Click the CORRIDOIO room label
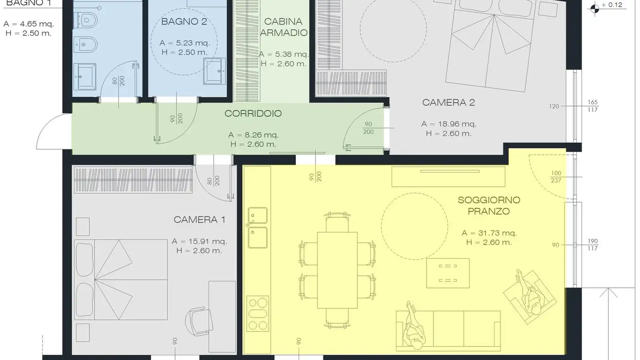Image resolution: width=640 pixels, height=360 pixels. pos(253,113)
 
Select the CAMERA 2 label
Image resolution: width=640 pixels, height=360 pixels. pos(448,103)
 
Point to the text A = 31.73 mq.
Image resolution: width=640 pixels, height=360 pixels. pos(489,233)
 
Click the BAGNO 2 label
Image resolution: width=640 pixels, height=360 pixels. pos(184,21)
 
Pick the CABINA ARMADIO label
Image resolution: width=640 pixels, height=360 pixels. pos(283,27)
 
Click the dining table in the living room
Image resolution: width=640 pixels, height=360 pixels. pos(337,270)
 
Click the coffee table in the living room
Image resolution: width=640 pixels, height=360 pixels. pos(448,273)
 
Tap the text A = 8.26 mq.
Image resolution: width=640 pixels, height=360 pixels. pos(253,135)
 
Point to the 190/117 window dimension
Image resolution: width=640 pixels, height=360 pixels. pos(592,245)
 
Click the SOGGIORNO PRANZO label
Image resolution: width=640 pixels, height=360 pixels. pos(489,205)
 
